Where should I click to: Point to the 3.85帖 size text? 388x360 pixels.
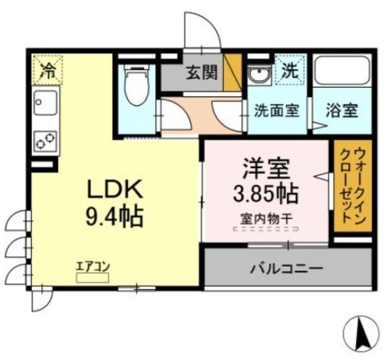[x=266, y=192]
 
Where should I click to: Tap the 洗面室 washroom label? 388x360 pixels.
[x=276, y=111]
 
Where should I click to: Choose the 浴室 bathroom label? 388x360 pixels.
[x=342, y=111]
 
